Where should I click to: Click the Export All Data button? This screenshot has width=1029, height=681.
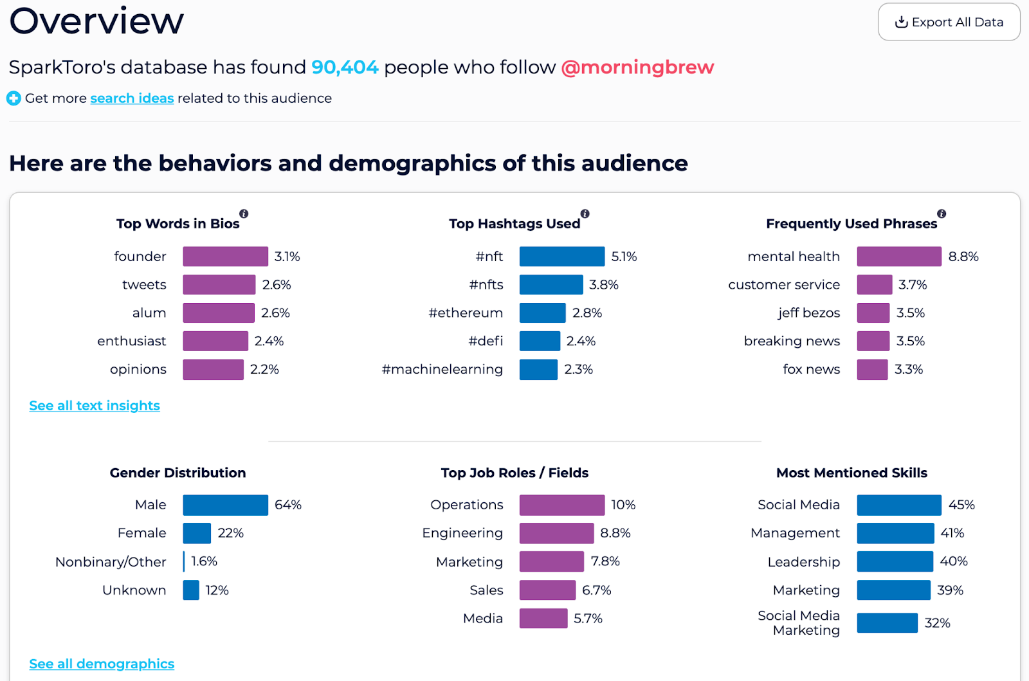click(x=949, y=23)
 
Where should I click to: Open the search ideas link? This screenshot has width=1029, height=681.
click(x=132, y=98)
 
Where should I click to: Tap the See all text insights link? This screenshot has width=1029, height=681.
click(x=95, y=406)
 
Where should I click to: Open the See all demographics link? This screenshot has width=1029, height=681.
click(x=102, y=664)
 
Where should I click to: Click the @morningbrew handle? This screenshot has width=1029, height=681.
click(x=637, y=68)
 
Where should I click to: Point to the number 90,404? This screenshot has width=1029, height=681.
click(x=345, y=68)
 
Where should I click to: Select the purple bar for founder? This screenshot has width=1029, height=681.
click(x=225, y=257)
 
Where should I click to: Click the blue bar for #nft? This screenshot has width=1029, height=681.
click(x=561, y=257)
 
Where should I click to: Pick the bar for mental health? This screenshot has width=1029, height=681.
click(x=898, y=257)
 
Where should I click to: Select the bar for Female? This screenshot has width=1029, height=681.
click(x=197, y=533)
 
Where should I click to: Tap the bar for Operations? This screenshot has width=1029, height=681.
click(x=561, y=505)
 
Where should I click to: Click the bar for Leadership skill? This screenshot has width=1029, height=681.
click(x=895, y=561)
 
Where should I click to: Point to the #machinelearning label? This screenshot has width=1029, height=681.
click(x=442, y=370)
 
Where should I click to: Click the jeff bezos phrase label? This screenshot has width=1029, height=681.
click(x=808, y=313)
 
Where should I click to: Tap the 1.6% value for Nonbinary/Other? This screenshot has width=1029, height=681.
click(x=204, y=561)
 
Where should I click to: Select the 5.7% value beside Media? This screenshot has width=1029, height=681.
click(x=588, y=619)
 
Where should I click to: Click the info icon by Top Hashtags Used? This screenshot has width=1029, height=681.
click(x=585, y=213)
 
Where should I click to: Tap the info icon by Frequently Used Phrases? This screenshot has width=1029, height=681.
click(x=942, y=213)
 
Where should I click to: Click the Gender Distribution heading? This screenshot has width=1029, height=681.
click(x=178, y=473)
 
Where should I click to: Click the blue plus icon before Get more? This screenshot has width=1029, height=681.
click(x=14, y=98)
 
